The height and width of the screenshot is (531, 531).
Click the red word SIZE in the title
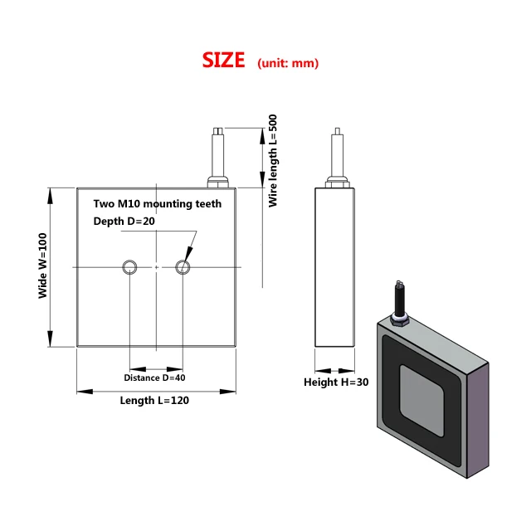point(224,61)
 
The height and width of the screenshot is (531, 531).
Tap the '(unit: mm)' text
point(288,63)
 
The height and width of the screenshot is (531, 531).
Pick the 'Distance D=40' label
point(155,378)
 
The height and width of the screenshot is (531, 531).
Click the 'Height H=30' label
point(335,382)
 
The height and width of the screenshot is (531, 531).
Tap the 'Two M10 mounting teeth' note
point(157,203)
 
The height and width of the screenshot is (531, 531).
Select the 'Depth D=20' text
point(124,221)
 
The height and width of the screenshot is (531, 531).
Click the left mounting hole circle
point(130,266)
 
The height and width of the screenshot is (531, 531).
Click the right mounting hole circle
point(183,266)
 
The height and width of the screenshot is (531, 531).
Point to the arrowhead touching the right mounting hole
point(189,252)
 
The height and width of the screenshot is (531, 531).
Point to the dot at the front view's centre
point(156,266)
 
